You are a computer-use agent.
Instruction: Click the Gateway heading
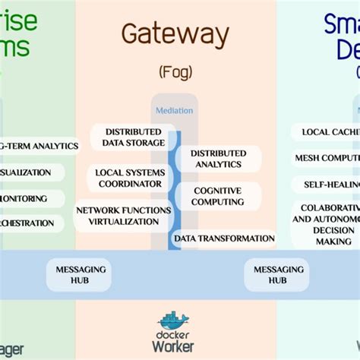click(175, 34)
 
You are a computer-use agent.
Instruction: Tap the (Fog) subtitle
click(175, 72)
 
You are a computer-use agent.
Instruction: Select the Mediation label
click(174, 110)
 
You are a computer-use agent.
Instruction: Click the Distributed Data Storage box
click(128, 137)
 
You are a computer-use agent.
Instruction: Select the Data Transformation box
click(224, 238)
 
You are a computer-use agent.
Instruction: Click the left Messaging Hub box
click(77, 274)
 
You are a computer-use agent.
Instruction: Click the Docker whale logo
click(175, 318)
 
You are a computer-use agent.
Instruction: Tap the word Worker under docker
click(175, 346)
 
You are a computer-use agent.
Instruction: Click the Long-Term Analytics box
click(38, 146)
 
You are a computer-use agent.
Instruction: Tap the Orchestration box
click(30, 223)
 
